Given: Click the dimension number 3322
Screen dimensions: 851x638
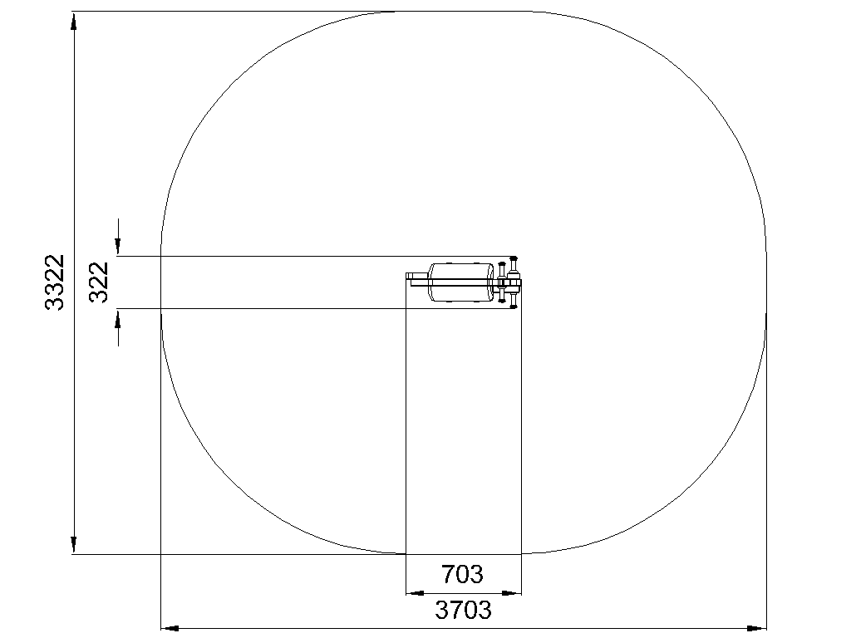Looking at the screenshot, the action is point(54,282).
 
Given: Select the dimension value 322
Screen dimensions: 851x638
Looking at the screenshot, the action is point(100,282).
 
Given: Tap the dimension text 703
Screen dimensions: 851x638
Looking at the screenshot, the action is point(462,574).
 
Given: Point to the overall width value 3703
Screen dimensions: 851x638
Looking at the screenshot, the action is point(464,610).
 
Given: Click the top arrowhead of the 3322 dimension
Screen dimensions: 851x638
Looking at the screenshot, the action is point(74,21).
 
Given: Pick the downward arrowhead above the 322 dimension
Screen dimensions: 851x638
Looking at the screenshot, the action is point(118,246).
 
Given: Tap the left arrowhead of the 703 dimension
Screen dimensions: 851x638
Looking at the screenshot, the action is point(416,593).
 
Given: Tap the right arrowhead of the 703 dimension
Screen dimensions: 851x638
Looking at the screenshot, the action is point(512,593).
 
